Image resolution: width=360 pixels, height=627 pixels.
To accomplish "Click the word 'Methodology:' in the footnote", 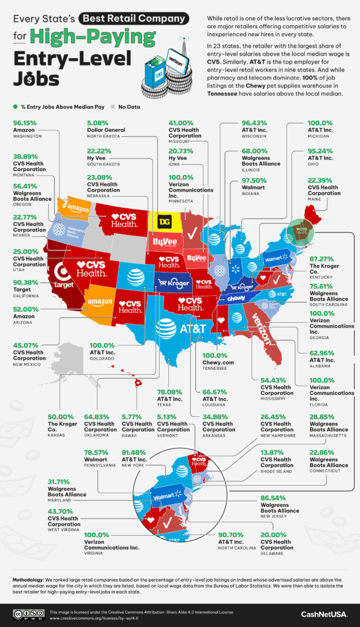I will click(x=30, y=579).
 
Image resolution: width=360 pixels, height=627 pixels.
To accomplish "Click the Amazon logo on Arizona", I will click(x=99, y=302).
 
